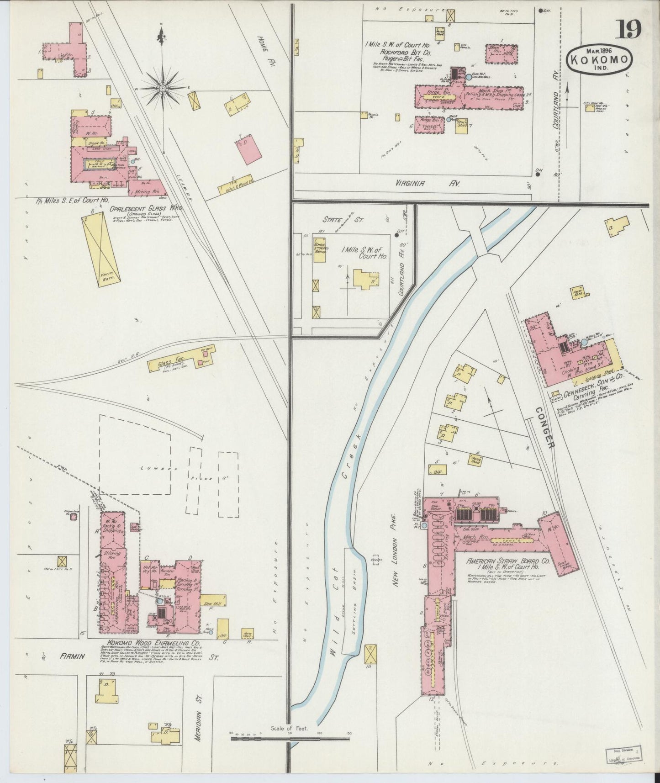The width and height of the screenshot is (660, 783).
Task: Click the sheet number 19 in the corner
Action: click(x=630, y=31)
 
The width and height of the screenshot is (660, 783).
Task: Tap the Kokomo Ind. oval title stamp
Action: click(x=600, y=58)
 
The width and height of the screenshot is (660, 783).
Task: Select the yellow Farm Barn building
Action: click(x=101, y=251)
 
